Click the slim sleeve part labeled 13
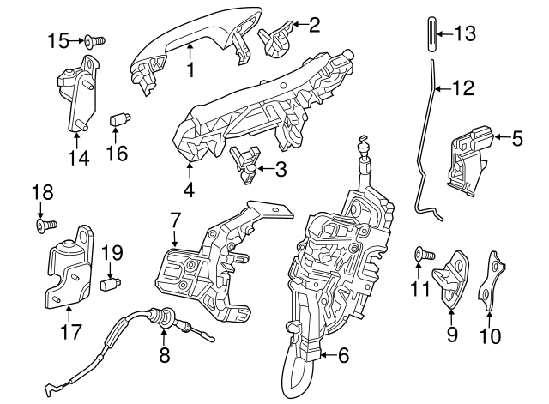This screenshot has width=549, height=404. [431, 34]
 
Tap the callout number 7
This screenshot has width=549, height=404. [175, 220]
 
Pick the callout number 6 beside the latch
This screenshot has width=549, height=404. [343, 352]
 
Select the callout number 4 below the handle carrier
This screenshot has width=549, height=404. [188, 190]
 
